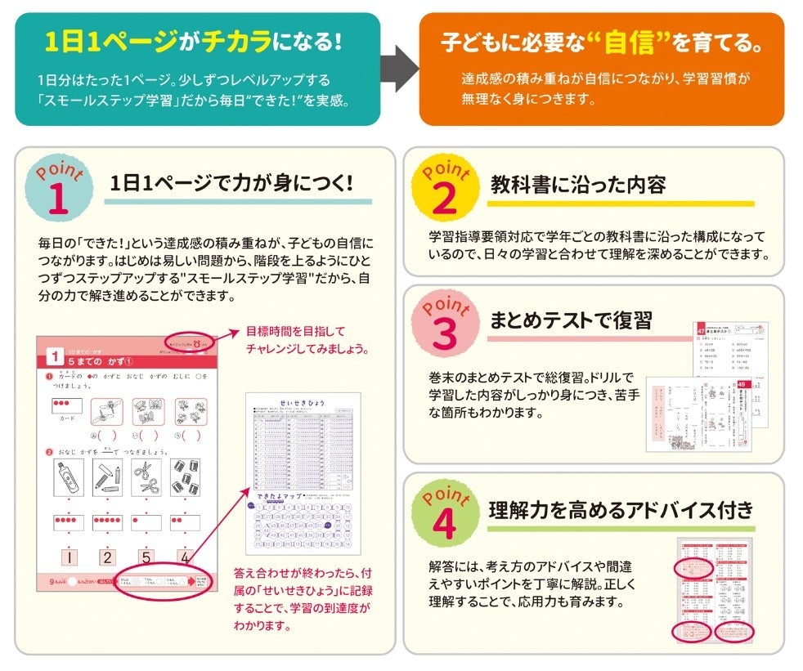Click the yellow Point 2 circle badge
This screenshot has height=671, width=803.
(x=444, y=189)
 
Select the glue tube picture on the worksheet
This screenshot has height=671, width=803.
(x=68, y=476)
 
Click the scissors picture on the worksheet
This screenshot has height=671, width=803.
(x=147, y=476)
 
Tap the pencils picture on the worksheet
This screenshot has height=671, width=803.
(x=107, y=476)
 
